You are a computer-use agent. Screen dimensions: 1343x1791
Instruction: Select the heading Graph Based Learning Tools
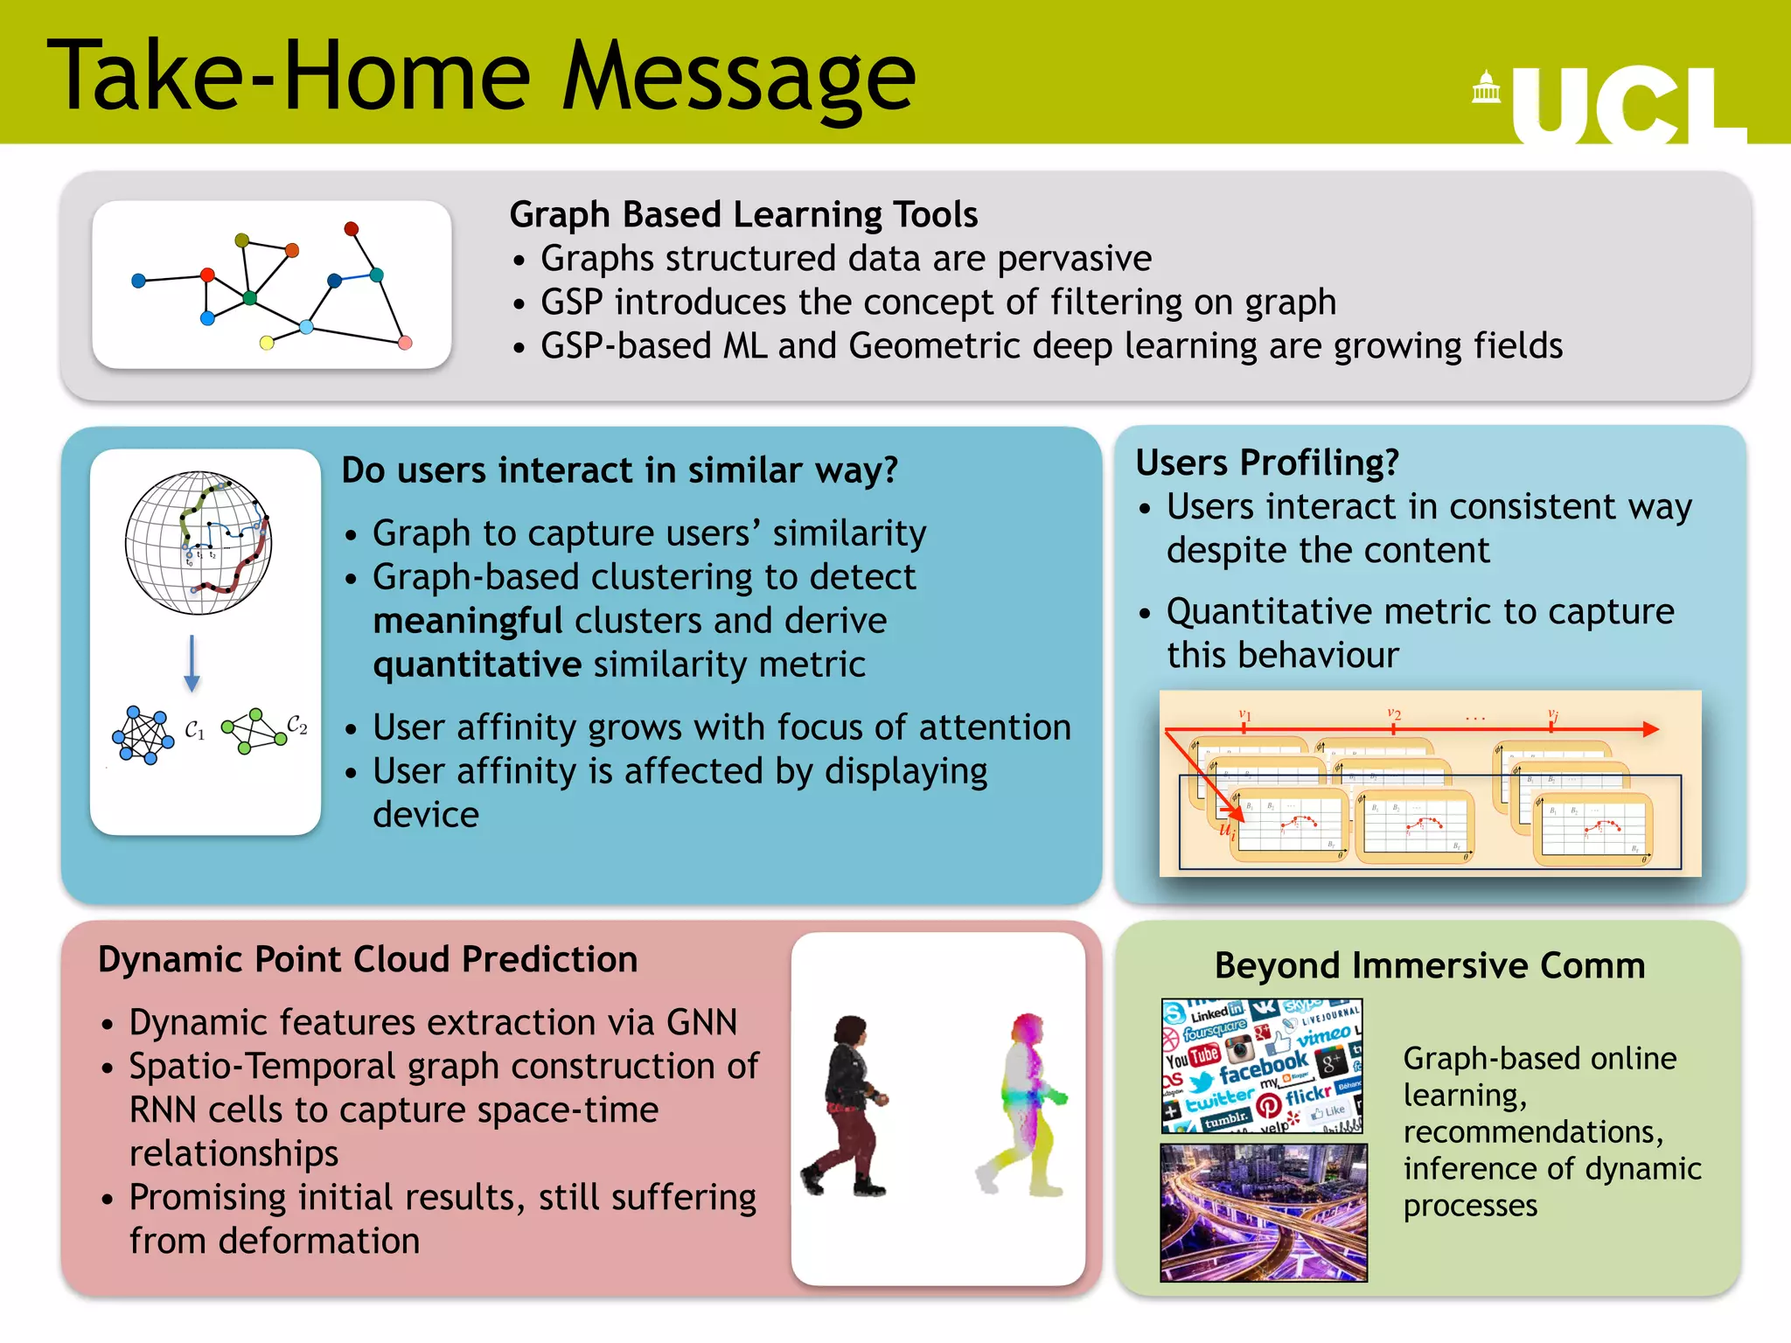[x=743, y=214]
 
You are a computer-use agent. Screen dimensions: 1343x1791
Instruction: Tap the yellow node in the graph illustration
[x=267, y=343]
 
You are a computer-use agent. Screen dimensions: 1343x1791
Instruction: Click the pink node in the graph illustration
[x=405, y=343]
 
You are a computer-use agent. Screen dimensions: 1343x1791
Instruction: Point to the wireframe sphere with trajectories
[x=199, y=543]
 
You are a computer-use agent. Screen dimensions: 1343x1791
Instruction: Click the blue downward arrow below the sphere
[x=192, y=665]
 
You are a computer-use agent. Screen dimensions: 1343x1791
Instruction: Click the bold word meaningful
[x=467, y=621]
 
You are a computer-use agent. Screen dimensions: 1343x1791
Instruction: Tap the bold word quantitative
[x=477, y=665]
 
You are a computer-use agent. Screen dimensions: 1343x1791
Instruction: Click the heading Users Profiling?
[x=1266, y=463]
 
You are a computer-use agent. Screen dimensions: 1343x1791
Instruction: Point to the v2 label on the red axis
[x=1394, y=714]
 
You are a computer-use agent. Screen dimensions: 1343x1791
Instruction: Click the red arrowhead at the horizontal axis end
[x=1650, y=729]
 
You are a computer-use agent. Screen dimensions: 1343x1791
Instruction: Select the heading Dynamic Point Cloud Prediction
[x=367, y=959]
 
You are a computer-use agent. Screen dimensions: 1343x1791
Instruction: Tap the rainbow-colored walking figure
[x=1024, y=1105]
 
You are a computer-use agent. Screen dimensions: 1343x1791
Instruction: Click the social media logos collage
[x=1262, y=1066]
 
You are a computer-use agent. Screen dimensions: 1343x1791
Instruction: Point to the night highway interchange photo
[x=1263, y=1213]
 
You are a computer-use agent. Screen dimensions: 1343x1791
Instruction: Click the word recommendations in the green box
[x=1532, y=1132]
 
